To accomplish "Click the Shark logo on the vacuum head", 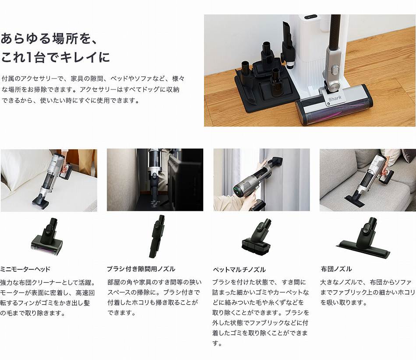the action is point(335,98).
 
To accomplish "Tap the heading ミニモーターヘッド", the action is point(25,269).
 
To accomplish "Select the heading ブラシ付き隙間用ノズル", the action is point(141,269).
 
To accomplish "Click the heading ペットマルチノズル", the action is point(239,269).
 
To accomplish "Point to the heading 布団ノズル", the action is point(336,269).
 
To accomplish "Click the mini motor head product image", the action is point(48,237).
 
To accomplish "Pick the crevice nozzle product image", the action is point(157,237).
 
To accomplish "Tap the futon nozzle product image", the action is point(364,237).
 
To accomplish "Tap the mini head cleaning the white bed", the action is point(40,202).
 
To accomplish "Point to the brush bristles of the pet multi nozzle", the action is point(256,247).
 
